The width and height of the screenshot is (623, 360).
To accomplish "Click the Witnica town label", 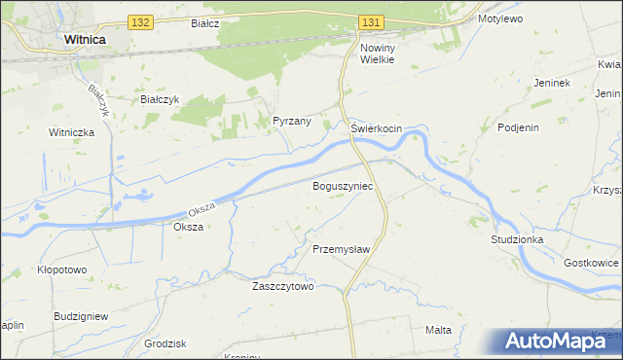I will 84,40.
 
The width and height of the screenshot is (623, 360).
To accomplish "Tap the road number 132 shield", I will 140,21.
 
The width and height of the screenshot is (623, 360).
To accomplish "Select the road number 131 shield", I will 371,21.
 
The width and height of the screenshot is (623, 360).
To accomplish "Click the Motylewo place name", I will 501,18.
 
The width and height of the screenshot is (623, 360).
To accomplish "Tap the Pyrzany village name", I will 292,122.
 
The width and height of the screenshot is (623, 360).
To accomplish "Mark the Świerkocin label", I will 377,128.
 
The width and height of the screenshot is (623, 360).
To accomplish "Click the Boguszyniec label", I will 342,185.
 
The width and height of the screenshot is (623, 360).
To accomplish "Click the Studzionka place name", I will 518,238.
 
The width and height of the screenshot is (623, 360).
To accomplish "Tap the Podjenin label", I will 519,127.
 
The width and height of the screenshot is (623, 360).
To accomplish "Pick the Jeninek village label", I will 551,83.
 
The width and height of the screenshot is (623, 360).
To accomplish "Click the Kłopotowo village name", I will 60,270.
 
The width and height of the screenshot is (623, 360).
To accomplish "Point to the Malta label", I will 438,330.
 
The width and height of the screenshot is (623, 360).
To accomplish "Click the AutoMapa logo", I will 556,340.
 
